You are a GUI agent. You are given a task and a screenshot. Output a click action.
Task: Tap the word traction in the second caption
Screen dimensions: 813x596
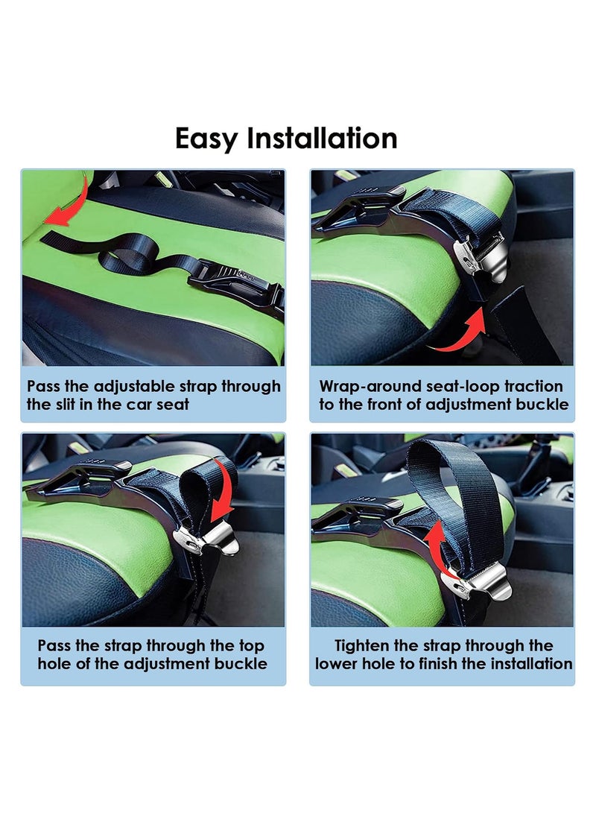532,386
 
